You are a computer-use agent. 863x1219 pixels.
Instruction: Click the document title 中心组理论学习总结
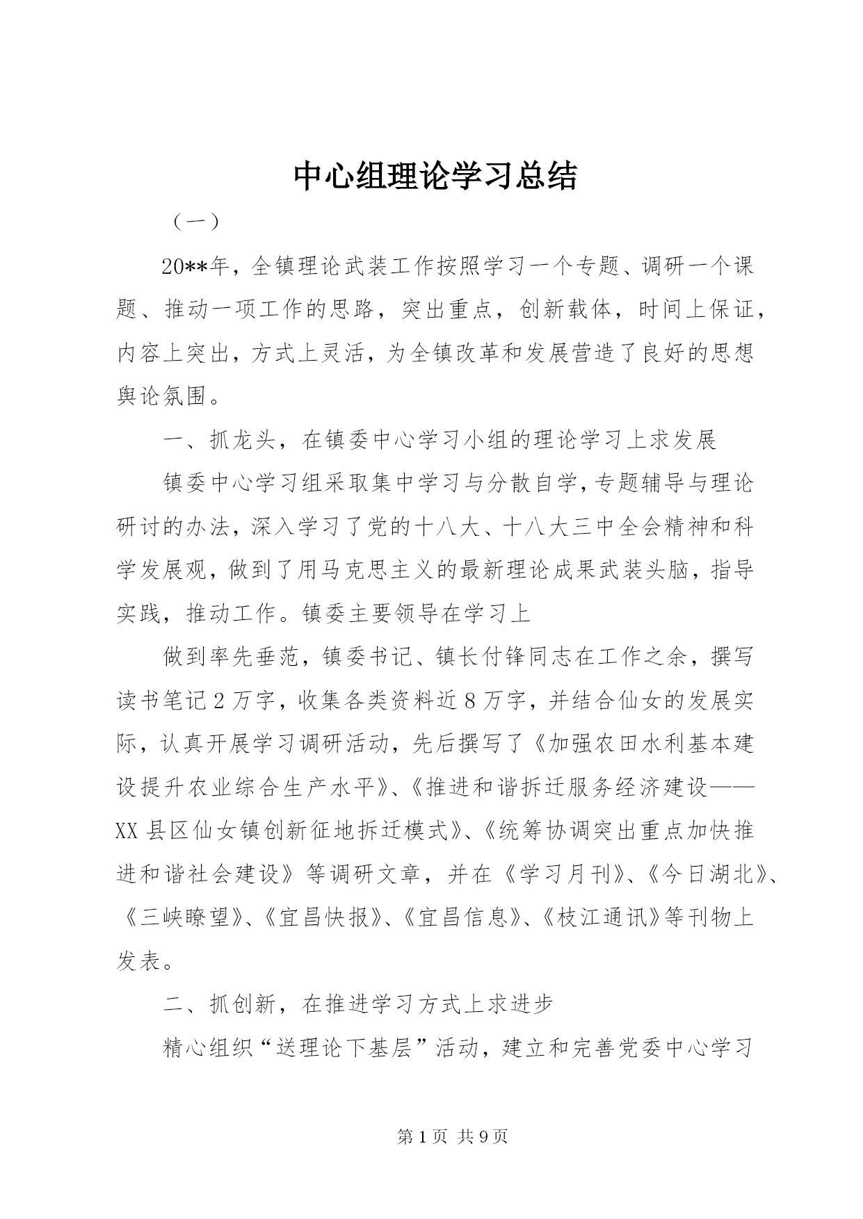435,177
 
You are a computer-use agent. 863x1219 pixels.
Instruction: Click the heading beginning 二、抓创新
357,1004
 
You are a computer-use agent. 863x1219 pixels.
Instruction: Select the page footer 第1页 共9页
453,1136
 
